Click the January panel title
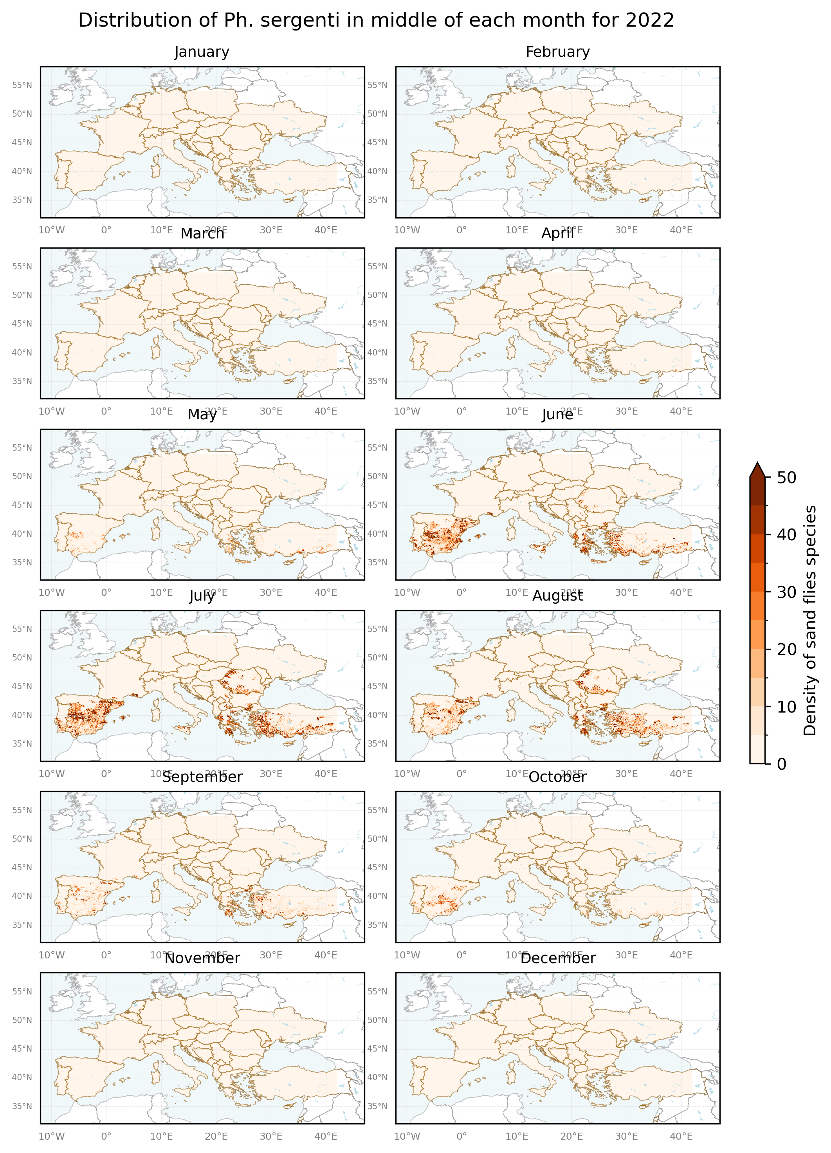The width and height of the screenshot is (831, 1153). (202, 52)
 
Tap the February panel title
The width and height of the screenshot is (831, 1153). (557, 52)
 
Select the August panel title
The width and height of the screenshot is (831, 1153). (557, 596)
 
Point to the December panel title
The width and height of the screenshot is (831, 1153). (557, 958)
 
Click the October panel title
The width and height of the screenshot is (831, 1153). (557, 777)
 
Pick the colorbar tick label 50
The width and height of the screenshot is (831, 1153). (787, 478)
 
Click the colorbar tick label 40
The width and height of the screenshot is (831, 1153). (787, 535)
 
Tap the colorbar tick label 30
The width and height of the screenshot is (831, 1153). (787, 592)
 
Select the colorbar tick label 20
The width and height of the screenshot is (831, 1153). (787, 650)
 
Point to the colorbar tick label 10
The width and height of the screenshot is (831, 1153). (787, 707)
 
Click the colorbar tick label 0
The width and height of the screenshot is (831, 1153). (782, 764)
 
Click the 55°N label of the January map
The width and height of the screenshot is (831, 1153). (22, 85)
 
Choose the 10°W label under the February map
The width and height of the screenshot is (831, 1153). (407, 230)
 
